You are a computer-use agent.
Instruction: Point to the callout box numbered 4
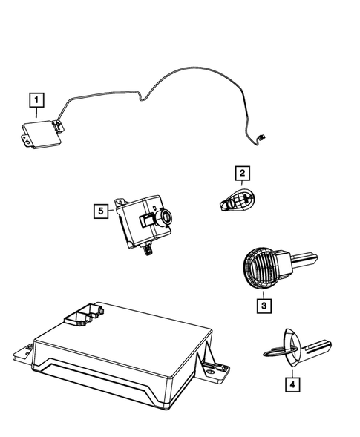pos(292,384)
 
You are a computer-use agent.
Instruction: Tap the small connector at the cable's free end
pos(262,136)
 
